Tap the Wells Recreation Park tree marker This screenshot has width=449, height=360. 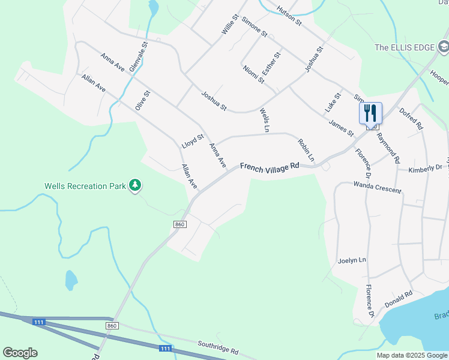point(136,185)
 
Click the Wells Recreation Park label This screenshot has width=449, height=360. point(85,186)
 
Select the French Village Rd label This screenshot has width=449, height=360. point(270,166)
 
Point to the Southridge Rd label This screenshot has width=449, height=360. point(218,347)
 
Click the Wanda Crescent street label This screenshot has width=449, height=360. point(377,187)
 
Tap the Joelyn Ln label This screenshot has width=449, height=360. point(352,260)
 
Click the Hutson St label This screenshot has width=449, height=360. point(289,15)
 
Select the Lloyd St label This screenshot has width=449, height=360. point(193,142)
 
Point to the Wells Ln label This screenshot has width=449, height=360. point(264,120)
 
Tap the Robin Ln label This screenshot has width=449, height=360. point(306,150)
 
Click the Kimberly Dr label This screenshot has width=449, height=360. point(425,169)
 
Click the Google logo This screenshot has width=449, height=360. point(20,353)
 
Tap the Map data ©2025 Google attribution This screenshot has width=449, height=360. point(411,355)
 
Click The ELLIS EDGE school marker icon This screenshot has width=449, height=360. point(443,46)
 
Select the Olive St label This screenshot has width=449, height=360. point(142,100)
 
